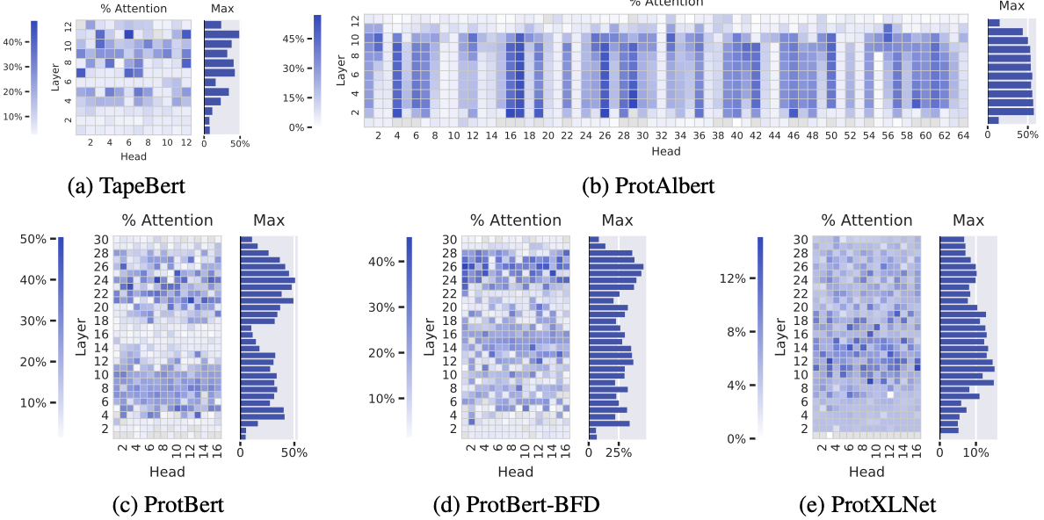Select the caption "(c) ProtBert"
point(169,504)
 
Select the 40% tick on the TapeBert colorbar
point(14,42)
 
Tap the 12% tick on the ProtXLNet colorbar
point(732,278)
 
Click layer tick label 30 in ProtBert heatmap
point(103,240)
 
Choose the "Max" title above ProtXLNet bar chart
point(968,220)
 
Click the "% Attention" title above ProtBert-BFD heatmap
point(515,220)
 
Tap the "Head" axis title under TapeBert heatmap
point(133,156)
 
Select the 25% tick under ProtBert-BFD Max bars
point(620,453)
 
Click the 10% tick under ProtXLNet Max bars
point(975,453)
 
